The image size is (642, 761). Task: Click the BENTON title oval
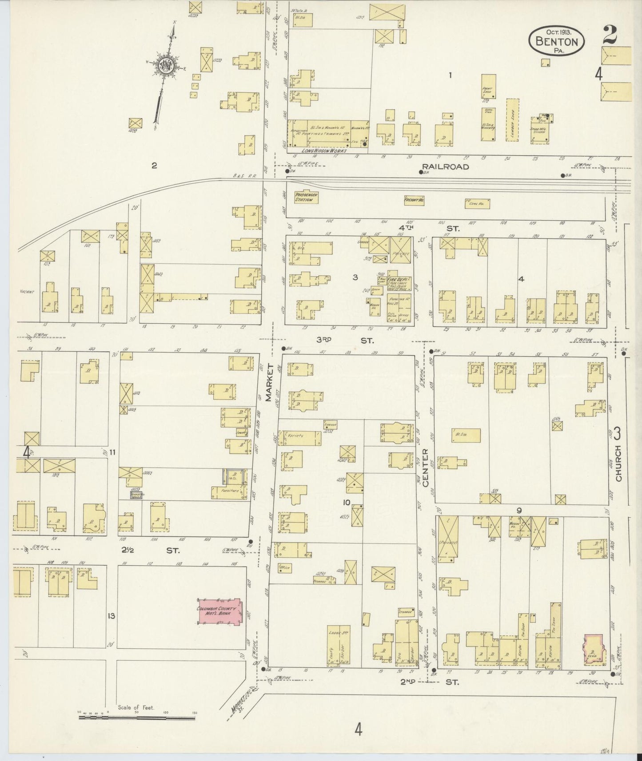(x=556, y=40)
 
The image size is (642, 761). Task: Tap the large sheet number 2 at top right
(x=610, y=36)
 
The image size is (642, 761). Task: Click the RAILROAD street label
(x=445, y=167)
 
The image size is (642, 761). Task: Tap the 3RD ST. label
(x=345, y=341)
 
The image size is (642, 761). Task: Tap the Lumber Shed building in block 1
(x=512, y=119)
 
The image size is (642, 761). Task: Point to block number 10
(x=347, y=503)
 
